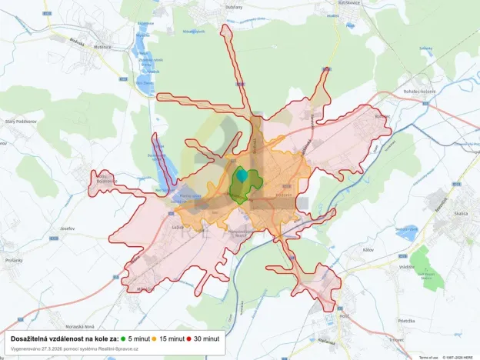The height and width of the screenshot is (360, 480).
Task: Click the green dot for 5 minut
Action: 123,338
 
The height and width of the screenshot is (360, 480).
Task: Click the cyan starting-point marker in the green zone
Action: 242,175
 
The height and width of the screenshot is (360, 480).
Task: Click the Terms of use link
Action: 428,357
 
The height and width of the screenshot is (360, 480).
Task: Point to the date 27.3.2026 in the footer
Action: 65,348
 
